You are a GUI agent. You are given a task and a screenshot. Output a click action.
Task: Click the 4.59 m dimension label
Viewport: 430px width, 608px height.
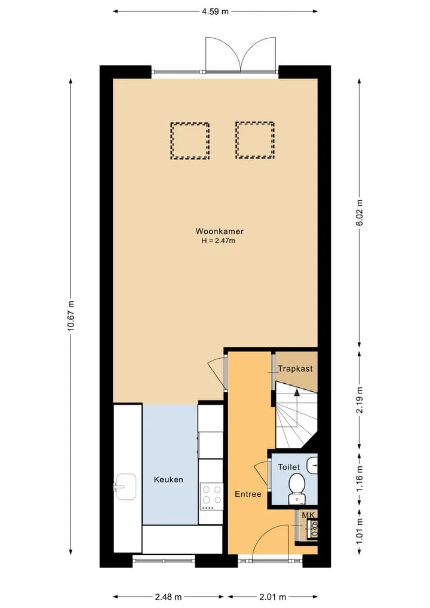215,11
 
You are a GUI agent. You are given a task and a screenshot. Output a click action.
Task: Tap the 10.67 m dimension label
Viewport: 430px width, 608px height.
70,316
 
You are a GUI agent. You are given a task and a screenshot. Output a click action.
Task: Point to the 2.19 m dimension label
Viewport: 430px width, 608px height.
360,400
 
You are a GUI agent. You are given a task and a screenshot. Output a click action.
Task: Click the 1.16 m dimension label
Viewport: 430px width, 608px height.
360,478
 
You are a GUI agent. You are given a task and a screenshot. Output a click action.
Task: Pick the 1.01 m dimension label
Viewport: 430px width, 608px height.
360,531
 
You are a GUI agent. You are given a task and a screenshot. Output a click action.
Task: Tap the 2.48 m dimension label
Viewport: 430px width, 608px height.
168,597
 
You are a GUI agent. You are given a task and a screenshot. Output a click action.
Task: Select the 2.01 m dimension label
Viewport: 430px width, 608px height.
273,597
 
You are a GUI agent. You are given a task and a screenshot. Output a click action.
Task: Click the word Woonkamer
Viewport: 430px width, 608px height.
219,231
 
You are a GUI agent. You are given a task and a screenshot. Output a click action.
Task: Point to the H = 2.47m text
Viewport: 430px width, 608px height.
218,241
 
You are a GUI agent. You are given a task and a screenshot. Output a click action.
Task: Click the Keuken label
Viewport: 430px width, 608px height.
168,479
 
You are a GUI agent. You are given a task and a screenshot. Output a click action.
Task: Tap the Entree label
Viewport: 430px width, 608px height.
248,494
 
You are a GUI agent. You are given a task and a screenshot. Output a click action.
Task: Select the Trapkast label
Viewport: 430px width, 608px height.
295,368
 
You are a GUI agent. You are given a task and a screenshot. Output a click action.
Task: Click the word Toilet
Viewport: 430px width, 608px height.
289,468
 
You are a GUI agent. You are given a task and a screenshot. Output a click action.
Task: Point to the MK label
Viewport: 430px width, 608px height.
309,515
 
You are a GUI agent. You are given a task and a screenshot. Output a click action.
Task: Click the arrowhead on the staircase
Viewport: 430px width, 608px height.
297,392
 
